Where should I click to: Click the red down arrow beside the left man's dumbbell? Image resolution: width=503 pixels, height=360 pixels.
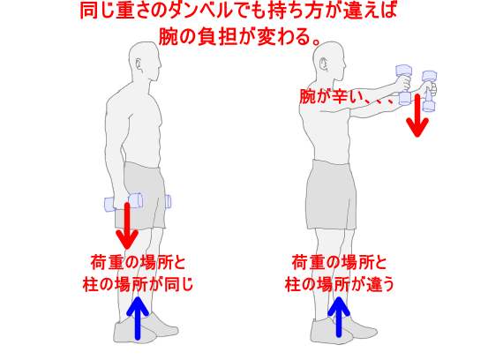[x=127, y=226]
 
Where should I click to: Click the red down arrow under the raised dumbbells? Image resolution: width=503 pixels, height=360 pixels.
[x=417, y=116]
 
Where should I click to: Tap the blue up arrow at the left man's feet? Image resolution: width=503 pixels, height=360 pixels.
[x=138, y=318]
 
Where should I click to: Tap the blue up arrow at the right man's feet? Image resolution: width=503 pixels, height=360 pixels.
[x=339, y=317]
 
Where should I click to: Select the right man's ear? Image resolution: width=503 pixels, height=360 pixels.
[x=324, y=64]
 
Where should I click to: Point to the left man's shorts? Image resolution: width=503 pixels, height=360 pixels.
[x=140, y=196]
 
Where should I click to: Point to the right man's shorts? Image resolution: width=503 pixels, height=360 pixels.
[x=331, y=195]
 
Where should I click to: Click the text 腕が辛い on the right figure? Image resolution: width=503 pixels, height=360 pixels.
[x=330, y=96]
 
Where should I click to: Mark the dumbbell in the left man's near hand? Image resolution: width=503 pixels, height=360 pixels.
[x=124, y=202]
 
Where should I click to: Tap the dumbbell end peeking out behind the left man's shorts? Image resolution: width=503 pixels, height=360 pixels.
[x=168, y=201]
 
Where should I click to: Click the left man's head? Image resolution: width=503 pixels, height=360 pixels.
[x=145, y=61]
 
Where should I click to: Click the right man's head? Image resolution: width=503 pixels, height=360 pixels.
[x=329, y=61]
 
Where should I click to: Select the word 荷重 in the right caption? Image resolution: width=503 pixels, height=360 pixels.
[x=307, y=263]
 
